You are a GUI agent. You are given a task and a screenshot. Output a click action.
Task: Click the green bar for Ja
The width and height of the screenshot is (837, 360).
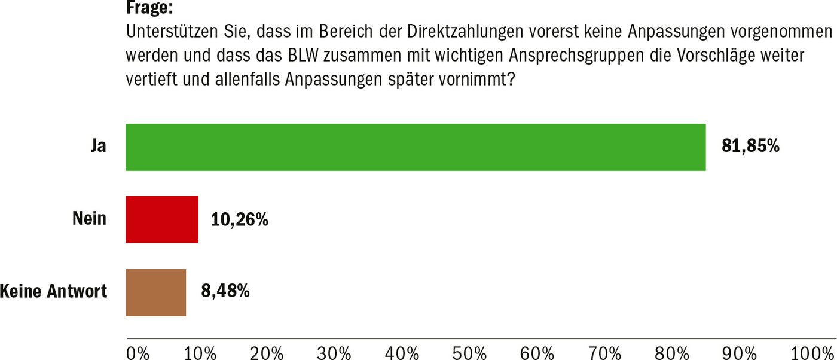[x=416, y=147]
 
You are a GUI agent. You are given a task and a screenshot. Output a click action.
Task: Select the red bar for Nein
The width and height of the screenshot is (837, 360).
[x=161, y=219]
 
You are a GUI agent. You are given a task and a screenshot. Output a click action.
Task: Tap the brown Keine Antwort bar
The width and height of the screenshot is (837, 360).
[x=155, y=292]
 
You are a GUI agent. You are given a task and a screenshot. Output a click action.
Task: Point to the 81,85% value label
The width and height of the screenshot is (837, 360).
[x=750, y=147]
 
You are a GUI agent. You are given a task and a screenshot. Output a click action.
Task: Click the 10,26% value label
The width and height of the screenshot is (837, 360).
[x=239, y=220]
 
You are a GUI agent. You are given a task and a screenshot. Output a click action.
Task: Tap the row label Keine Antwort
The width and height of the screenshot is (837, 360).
[x=54, y=292]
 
